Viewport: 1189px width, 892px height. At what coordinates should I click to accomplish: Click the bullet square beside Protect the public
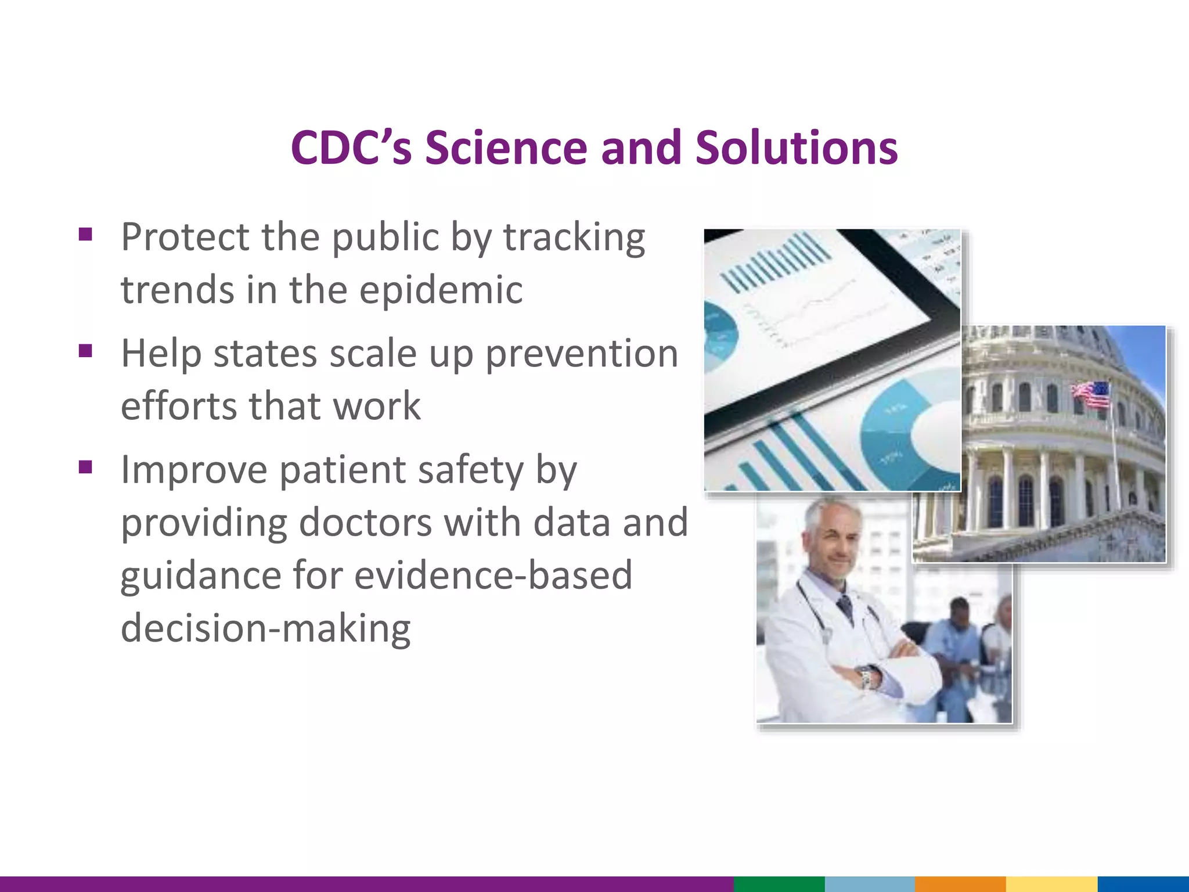point(86,235)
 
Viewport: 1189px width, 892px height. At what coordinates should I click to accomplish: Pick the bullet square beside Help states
point(86,351)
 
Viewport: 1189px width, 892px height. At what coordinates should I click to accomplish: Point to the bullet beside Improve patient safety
point(86,467)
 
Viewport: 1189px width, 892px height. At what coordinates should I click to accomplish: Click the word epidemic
point(441,290)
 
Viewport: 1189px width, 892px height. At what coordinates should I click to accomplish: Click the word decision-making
point(265,628)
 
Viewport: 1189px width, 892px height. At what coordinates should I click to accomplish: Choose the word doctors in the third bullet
point(365,522)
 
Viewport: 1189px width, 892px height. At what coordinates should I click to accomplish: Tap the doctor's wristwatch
point(867,677)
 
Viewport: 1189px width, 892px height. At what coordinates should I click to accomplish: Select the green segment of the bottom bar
point(779,884)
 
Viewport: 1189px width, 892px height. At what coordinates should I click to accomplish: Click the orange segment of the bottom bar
point(960,884)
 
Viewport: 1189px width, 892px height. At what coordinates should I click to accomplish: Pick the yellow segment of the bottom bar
point(1051,884)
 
